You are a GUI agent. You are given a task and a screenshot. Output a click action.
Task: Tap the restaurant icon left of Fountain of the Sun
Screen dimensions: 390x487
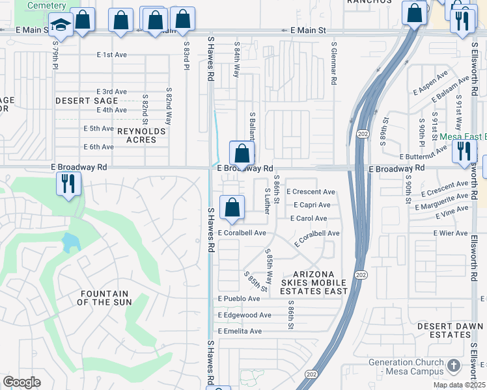(68, 183)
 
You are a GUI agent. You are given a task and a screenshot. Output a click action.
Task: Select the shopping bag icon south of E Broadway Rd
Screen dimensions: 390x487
(232, 208)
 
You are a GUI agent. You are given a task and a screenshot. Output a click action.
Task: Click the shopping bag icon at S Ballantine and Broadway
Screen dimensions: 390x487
(242, 154)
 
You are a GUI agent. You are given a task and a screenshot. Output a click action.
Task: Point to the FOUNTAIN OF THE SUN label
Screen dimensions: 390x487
(104, 298)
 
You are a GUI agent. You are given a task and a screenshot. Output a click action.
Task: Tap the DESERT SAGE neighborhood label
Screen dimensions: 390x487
(87, 101)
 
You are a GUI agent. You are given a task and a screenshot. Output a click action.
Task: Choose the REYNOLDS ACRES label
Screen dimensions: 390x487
(141, 135)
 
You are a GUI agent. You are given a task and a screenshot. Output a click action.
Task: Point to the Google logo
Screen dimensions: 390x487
(21, 382)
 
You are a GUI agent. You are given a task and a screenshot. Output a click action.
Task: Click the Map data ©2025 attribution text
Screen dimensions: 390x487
(458, 385)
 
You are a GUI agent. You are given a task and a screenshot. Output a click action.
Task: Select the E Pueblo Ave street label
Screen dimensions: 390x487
(238, 298)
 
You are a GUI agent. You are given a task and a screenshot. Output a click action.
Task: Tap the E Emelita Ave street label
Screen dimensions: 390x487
(240, 331)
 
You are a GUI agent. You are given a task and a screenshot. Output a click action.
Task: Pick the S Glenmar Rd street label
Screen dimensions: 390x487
(333, 64)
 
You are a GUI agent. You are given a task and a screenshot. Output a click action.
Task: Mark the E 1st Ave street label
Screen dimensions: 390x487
(111, 55)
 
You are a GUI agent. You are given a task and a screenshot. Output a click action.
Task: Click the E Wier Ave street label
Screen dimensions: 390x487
(451, 233)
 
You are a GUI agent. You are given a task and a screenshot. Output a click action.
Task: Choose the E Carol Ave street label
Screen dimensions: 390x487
(309, 218)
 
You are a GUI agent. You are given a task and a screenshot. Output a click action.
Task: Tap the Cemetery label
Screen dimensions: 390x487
(46, 5)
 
